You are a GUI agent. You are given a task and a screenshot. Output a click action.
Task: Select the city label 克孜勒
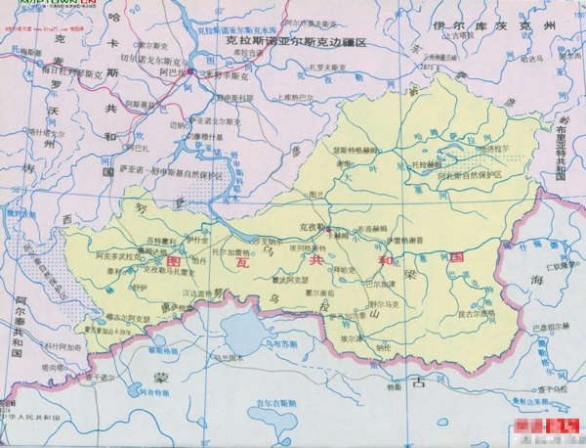(311, 226)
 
